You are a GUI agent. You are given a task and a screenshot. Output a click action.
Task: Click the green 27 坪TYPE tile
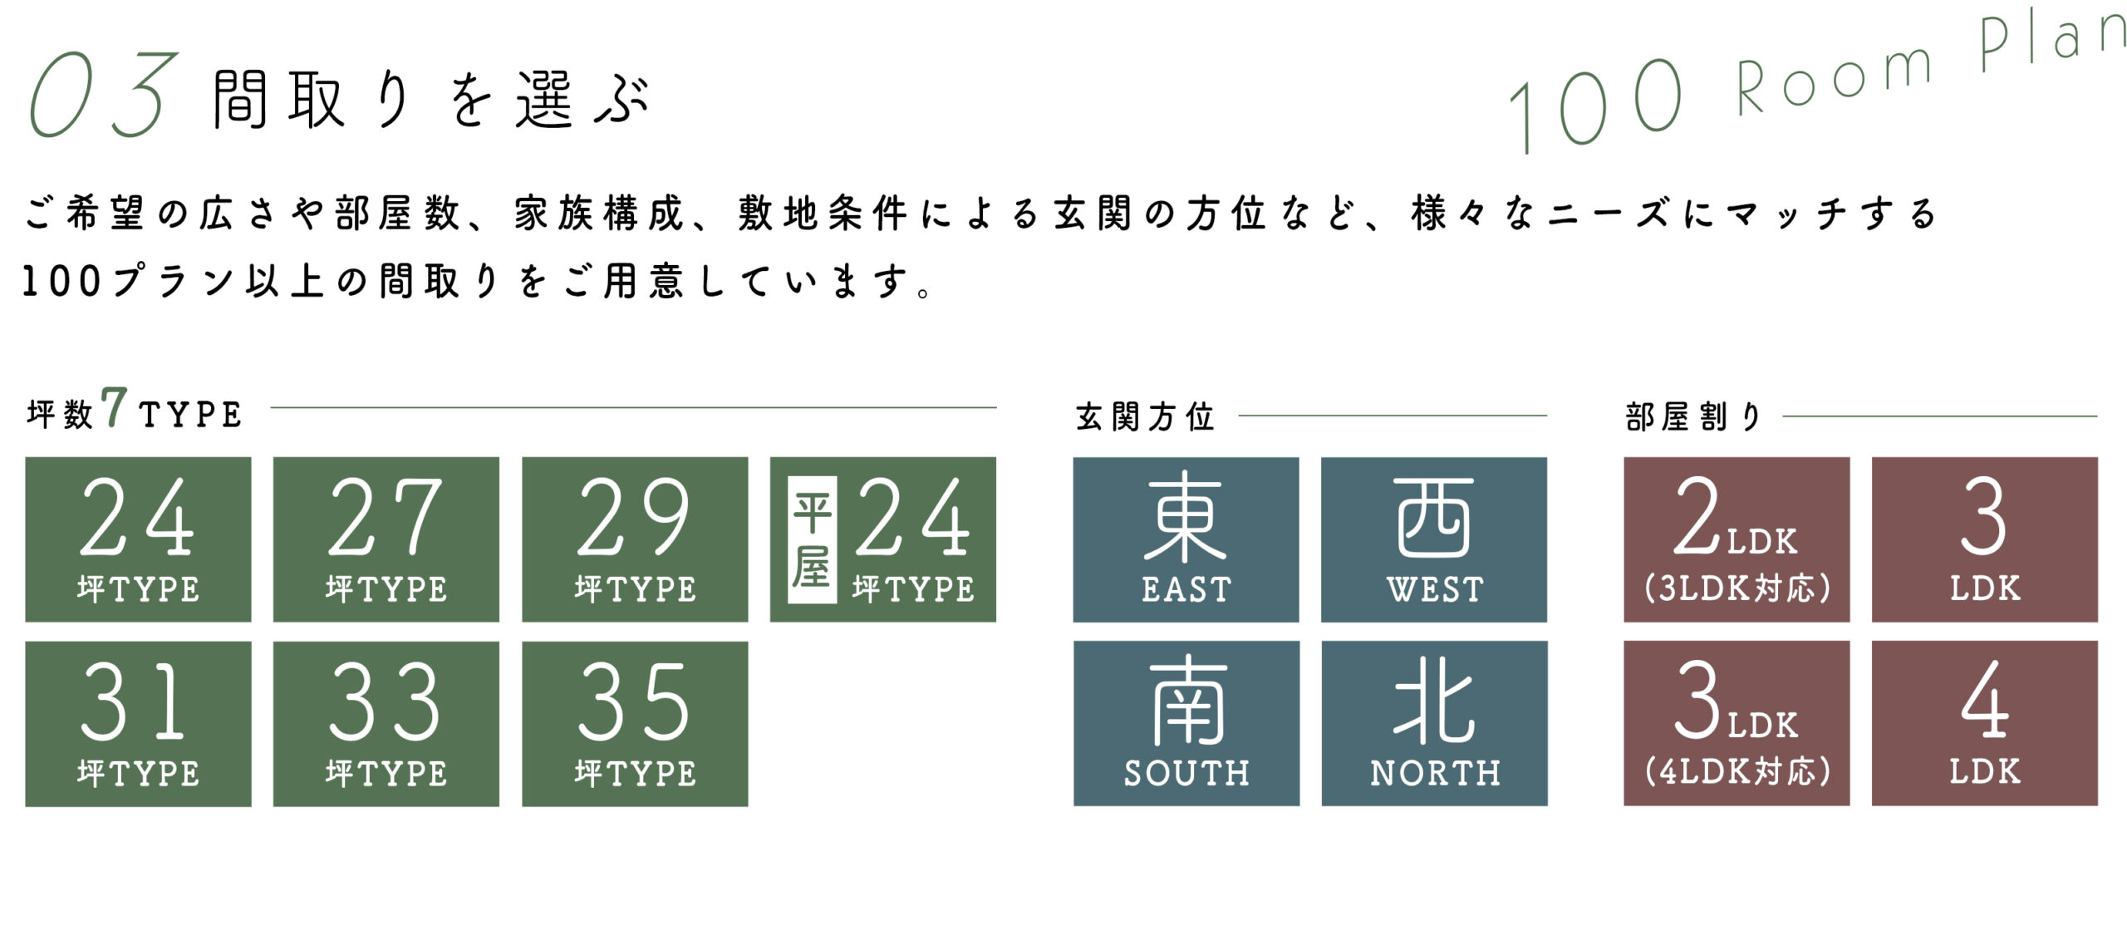tap(386, 539)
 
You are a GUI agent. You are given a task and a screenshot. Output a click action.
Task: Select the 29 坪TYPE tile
tap(635, 539)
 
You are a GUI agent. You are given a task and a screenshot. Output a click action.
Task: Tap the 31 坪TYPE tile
tap(138, 723)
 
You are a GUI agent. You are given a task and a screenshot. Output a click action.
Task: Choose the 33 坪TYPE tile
tap(386, 723)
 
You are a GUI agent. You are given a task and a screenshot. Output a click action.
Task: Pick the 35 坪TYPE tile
tap(635, 723)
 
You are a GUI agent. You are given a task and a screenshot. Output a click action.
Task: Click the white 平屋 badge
tap(812, 539)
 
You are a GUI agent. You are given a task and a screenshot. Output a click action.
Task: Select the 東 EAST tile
tap(1186, 539)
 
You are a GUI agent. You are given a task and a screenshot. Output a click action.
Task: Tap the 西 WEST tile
tap(1434, 539)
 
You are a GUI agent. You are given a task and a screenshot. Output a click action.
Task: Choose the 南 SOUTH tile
tap(1186, 723)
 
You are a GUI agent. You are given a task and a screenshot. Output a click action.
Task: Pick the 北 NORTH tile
tap(1434, 723)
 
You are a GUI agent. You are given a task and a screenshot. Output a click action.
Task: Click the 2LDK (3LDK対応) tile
tap(1736, 539)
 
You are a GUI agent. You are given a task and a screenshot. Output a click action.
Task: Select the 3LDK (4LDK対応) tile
tap(1736, 723)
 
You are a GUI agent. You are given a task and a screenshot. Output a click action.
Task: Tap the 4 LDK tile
tap(1984, 723)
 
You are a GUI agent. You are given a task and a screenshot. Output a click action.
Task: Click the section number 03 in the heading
tap(104, 96)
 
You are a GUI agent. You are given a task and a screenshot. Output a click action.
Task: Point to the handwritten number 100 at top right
tap(1595, 104)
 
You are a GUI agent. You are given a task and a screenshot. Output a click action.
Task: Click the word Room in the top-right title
tap(1832, 79)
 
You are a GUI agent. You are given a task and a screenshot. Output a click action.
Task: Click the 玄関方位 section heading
tap(1145, 416)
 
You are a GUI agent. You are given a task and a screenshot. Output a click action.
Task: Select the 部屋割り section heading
tap(1692, 416)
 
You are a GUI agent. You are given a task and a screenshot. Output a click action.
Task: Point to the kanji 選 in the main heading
tap(544, 100)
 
